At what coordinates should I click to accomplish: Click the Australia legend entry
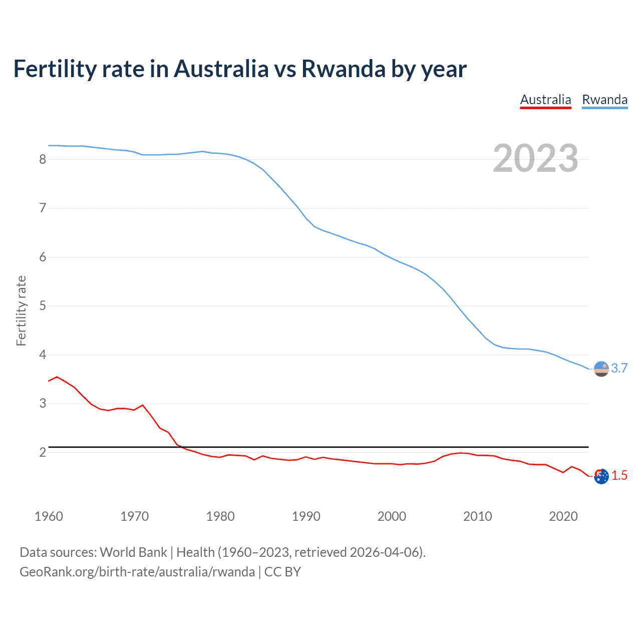545,100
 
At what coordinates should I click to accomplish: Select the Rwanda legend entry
604,100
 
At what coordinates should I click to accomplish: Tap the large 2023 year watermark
535,158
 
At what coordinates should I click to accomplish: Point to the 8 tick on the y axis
43,159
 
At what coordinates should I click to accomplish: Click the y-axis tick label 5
43,305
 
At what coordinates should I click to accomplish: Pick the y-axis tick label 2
43,452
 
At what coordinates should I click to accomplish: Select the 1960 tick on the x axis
49,516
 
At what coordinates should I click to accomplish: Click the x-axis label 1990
306,516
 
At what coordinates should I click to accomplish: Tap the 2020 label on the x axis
563,516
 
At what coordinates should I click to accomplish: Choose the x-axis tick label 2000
392,516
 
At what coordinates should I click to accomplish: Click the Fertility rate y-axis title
21,310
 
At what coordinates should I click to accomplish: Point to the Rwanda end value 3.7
619,368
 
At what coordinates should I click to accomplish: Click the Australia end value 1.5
619,475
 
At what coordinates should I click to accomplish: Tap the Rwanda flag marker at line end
601,369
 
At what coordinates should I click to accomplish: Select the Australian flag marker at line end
601,476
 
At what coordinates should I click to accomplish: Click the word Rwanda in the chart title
343,69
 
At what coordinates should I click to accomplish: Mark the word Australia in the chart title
221,69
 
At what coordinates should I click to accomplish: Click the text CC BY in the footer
282,572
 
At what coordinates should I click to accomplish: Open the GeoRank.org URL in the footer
137,572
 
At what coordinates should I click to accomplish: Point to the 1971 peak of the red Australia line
143,405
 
